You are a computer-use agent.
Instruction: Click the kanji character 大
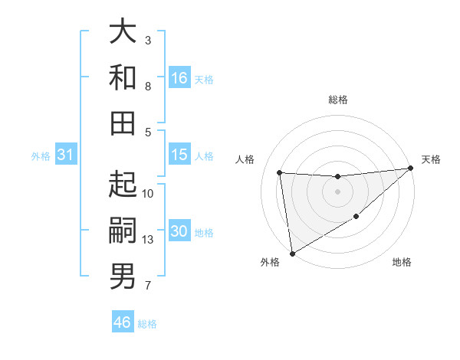tap(123, 32)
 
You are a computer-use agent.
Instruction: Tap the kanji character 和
tap(123, 77)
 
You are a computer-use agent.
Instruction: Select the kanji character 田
tap(123, 123)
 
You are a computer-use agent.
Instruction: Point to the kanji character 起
tap(123, 185)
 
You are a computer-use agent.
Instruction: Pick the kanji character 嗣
tap(123, 230)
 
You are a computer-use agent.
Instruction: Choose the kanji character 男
tap(123, 276)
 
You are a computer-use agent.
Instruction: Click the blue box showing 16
tap(179, 77)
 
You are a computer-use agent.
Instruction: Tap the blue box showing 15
tap(179, 155)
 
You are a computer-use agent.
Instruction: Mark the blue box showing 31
tap(66, 155)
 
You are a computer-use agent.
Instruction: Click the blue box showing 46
tap(123, 322)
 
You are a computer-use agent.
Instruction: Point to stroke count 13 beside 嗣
tap(148, 240)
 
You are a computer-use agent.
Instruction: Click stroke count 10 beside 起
tap(148, 193)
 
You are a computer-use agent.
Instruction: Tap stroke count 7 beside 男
tap(148, 286)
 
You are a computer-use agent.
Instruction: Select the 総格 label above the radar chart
tap(338, 100)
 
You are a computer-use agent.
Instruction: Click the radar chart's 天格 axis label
tap(431, 159)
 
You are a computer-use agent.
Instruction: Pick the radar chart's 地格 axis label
tap(402, 262)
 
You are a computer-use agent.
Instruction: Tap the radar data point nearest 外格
tap(291, 254)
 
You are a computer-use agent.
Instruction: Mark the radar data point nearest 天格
tap(410, 169)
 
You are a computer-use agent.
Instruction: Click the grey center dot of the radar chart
tap(338, 191)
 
